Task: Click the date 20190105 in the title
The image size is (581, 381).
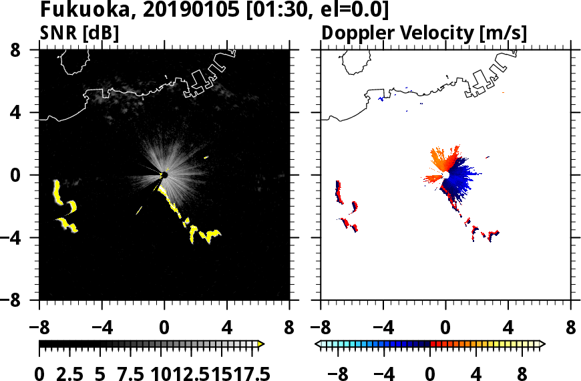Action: click(167, 11)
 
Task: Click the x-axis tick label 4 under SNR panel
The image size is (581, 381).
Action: click(227, 330)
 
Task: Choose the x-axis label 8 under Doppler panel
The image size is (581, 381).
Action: click(570, 330)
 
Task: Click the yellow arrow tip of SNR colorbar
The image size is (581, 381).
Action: click(261, 344)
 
